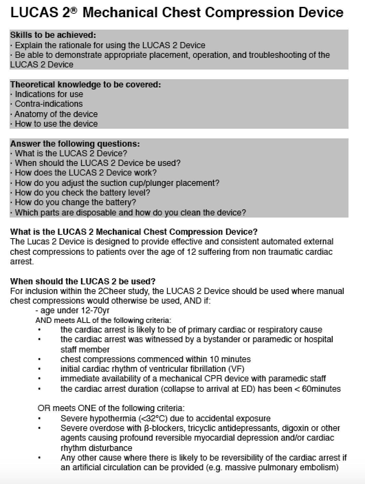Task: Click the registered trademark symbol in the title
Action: point(75,10)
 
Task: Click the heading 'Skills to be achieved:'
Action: point(53,35)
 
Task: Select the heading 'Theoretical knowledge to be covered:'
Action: point(85,85)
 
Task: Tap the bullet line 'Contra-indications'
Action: point(48,104)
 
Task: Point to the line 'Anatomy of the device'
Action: point(56,114)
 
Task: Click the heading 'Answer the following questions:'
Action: point(75,144)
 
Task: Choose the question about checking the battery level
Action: point(82,193)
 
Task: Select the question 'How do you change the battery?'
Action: point(75,202)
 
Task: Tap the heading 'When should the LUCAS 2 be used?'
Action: point(83,282)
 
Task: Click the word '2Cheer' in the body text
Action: point(111,291)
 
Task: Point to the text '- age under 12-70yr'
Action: point(72,311)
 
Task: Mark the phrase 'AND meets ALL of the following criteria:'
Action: point(103,320)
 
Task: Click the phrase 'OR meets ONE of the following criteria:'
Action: point(111,409)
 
